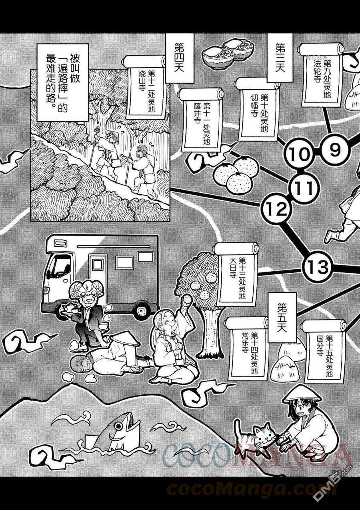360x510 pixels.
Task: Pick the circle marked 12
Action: [276, 208]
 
